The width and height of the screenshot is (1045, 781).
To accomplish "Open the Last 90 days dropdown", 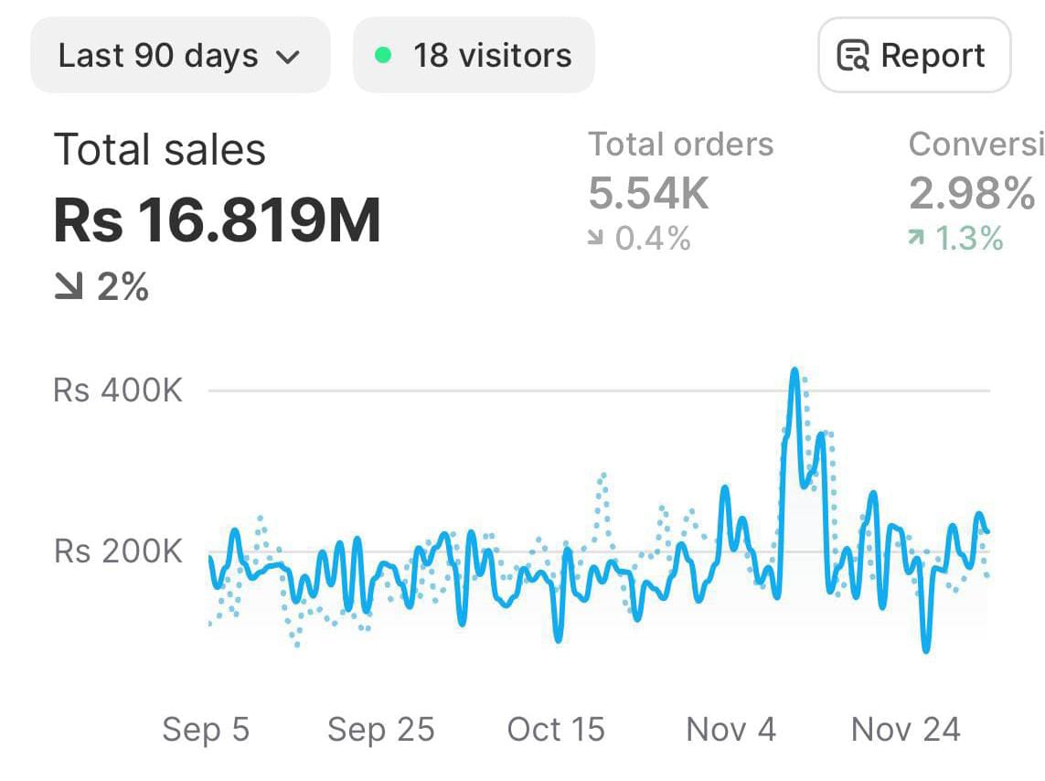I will point(179,56).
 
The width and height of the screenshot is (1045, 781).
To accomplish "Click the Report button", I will point(913,56).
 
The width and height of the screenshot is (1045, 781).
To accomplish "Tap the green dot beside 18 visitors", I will point(384,56).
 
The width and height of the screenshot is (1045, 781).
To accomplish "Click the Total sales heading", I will point(160,150).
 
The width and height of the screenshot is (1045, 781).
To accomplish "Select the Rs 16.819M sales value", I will point(218,221).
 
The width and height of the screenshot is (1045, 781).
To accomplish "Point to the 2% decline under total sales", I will point(101,288).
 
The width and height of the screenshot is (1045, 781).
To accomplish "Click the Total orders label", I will point(680,144).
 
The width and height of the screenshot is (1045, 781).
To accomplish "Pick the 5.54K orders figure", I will point(648,193).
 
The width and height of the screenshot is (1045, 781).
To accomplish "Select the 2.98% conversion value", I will point(972,193).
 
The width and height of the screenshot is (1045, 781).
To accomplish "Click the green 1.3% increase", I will point(955,240).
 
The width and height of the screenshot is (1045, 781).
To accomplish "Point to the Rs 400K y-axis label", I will point(118,390).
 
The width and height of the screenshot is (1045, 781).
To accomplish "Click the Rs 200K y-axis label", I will point(118,552).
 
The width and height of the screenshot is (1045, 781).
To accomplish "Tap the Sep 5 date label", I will point(206,730).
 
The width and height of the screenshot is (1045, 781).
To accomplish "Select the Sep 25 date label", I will point(380,730).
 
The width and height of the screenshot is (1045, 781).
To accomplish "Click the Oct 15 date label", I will point(556,730).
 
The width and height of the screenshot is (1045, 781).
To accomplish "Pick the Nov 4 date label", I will point(730,730).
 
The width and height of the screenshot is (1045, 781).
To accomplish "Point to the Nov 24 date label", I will point(905,730).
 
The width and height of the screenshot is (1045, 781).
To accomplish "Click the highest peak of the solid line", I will point(794,370).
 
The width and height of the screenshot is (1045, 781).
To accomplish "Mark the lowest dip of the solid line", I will point(926,651).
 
